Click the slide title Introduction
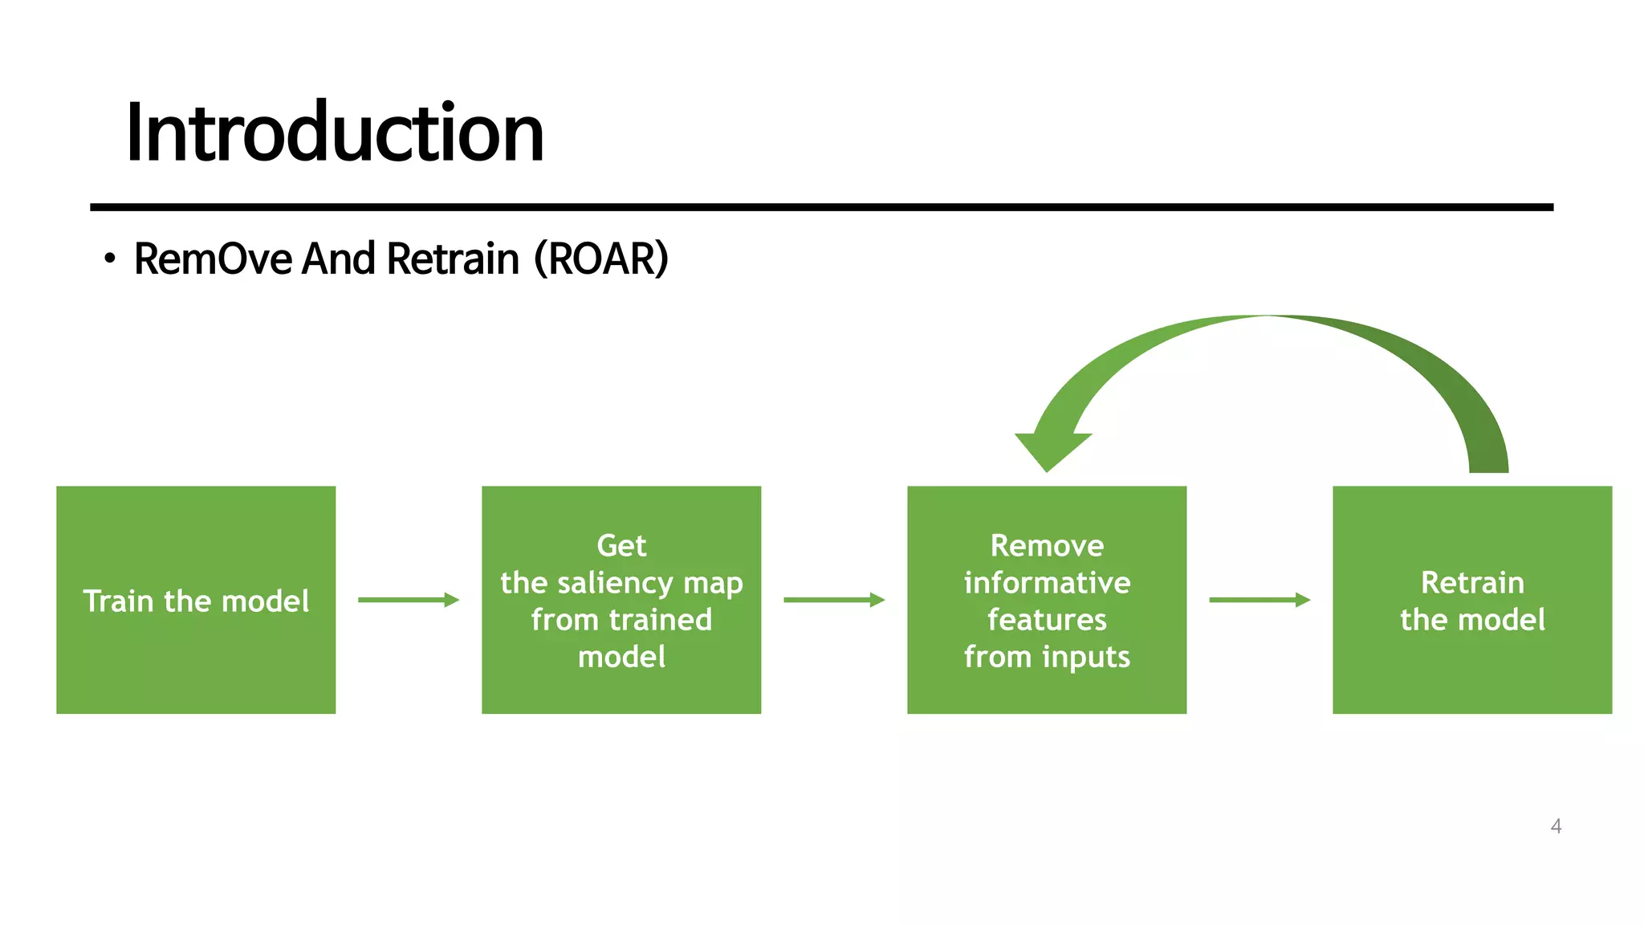coord(335,132)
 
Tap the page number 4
coord(1556,826)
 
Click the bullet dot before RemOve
coord(110,259)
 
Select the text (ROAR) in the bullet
coord(601,259)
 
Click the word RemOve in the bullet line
coord(213,259)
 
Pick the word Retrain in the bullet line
coord(454,259)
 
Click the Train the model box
coord(196,600)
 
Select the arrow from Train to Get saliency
coord(408,600)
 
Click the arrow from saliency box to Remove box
coord(833,600)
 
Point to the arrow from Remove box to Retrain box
coord(1259,600)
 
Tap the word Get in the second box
coord(621,546)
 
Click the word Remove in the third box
coord(1047,546)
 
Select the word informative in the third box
coord(1047,583)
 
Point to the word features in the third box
coord(1047,620)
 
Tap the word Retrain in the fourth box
coord(1472,583)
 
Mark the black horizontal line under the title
coord(821,207)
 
